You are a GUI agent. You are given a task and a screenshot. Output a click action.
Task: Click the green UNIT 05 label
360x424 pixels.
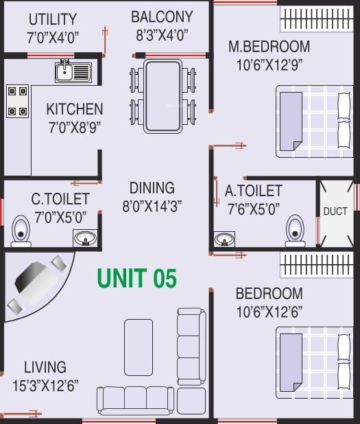pos(137,278)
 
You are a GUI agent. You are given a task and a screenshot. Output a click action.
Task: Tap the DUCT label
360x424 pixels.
pos(335,211)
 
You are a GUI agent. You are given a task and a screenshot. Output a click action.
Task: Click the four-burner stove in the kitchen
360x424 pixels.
pos(17,100)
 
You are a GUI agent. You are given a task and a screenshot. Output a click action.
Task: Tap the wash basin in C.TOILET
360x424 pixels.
pos(86,237)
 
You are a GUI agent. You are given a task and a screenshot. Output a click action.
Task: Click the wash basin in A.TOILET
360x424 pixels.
pos(224,239)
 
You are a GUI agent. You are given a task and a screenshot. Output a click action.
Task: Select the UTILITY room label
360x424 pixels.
pos(53,19)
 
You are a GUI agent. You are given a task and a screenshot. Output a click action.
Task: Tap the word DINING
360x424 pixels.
pos(152,187)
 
